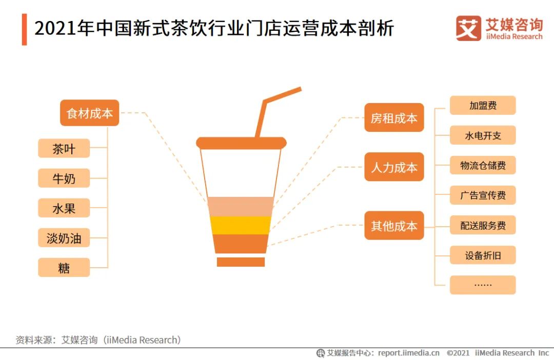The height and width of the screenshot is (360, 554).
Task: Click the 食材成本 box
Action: [90, 113]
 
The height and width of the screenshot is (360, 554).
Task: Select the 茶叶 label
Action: [64, 149]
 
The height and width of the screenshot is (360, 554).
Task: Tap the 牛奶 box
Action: [64, 178]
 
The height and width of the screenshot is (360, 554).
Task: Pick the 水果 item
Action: [64, 208]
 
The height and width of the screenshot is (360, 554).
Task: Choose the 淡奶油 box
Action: [64, 238]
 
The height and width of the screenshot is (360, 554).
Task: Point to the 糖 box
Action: [64, 268]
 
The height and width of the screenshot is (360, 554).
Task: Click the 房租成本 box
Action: [394, 118]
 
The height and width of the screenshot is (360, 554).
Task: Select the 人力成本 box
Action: [394, 167]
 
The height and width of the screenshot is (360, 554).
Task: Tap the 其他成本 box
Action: [394, 226]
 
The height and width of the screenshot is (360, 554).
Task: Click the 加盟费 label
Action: [483, 106]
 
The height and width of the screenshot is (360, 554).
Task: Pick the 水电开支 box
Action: [483, 135]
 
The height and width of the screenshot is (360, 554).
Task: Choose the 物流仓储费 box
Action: [483, 165]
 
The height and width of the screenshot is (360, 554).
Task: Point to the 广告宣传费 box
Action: [483, 195]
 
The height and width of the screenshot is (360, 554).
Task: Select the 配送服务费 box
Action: [483, 225]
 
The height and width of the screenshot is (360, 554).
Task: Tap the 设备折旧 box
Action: [483, 255]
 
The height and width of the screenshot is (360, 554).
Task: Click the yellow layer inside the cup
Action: [241, 225]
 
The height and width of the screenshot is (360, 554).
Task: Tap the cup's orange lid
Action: [241, 143]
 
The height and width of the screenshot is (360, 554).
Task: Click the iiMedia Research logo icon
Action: [468, 29]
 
